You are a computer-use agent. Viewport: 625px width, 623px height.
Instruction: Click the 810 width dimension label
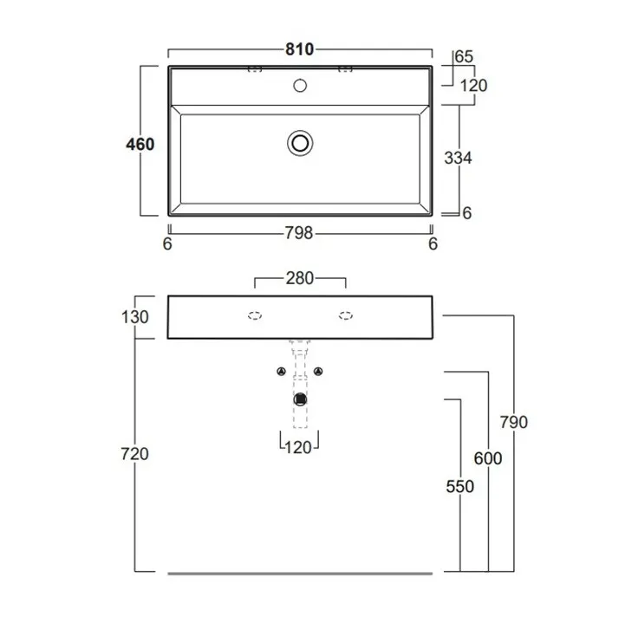(x=299, y=49)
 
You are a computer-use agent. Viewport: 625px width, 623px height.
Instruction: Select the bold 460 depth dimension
(x=140, y=144)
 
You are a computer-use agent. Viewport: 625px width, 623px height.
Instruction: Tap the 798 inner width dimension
(x=299, y=233)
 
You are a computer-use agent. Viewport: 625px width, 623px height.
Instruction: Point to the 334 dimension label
(x=458, y=159)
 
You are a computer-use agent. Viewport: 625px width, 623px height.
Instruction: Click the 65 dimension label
(x=464, y=57)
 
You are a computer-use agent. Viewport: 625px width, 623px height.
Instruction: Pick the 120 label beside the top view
(x=473, y=86)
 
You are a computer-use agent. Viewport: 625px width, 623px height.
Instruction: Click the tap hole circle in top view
(x=300, y=86)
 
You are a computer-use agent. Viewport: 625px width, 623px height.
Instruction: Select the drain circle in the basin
(x=300, y=143)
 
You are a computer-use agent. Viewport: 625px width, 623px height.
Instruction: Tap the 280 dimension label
(x=300, y=278)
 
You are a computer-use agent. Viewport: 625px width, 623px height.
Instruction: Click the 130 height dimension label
(x=134, y=317)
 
